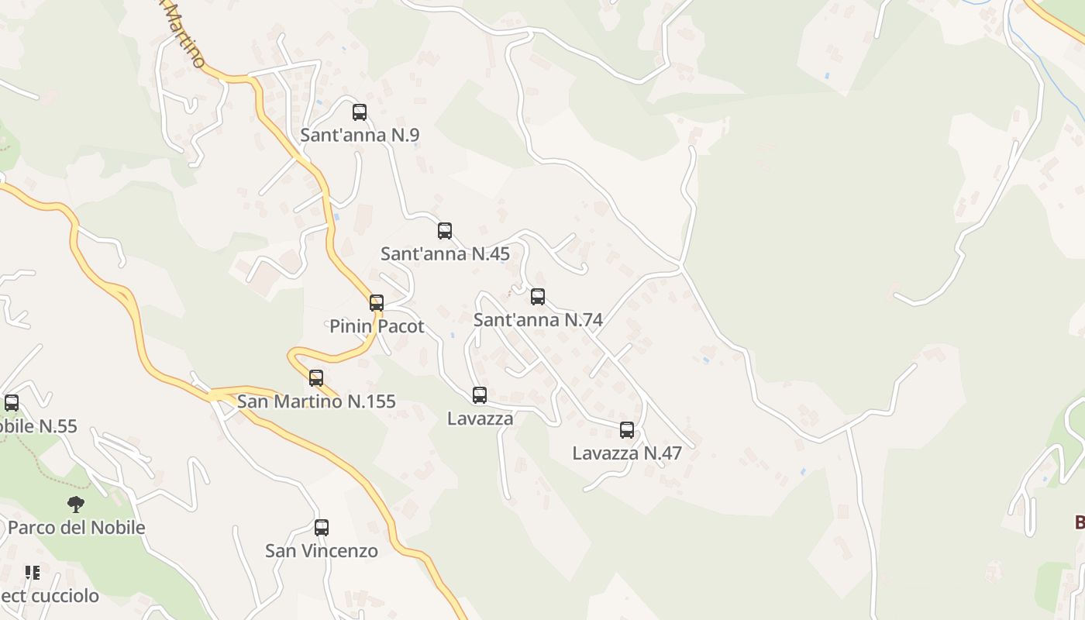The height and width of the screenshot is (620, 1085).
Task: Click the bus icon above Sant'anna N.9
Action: pyautogui.click(x=360, y=112)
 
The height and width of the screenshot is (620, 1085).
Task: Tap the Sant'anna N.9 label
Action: pyautogui.click(x=360, y=135)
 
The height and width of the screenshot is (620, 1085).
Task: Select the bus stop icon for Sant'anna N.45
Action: pyautogui.click(x=445, y=231)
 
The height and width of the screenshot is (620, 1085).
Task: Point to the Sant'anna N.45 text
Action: pyautogui.click(x=445, y=253)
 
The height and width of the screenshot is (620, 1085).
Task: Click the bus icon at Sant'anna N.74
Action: pyautogui.click(x=538, y=297)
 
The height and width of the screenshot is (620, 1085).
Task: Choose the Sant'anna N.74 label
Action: pyautogui.click(x=538, y=319)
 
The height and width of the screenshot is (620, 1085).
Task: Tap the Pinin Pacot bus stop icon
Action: pyautogui.click(x=377, y=303)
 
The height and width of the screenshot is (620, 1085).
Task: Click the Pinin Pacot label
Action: pyautogui.click(x=377, y=326)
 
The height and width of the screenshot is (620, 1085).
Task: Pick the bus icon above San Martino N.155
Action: pyautogui.click(x=316, y=378)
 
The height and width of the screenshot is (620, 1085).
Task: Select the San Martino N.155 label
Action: pyautogui.click(x=316, y=401)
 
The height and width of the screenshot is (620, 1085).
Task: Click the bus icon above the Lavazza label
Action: pyautogui.click(x=480, y=395)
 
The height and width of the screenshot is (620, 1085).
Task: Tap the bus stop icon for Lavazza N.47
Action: pyautogui.click(x=627, y=430)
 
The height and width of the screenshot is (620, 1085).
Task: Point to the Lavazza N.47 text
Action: pyautogui.click(x=627, y=453)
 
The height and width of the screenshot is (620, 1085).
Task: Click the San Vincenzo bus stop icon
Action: pyautogui.click(x=322, y=528)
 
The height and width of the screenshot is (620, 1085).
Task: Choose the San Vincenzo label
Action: pyautogui.click(x=322, y=551)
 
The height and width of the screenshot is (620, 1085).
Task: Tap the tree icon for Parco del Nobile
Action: pyautogui.click(x=75, y=505)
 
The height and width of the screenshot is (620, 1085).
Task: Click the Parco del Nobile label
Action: pyautogui.click(x=76, y=528)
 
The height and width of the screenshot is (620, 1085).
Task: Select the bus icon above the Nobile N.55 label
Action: pyautogui.click(x=12, y=403)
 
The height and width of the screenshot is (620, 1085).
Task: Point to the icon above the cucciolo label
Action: pyautogui.click(x=32, y=573)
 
